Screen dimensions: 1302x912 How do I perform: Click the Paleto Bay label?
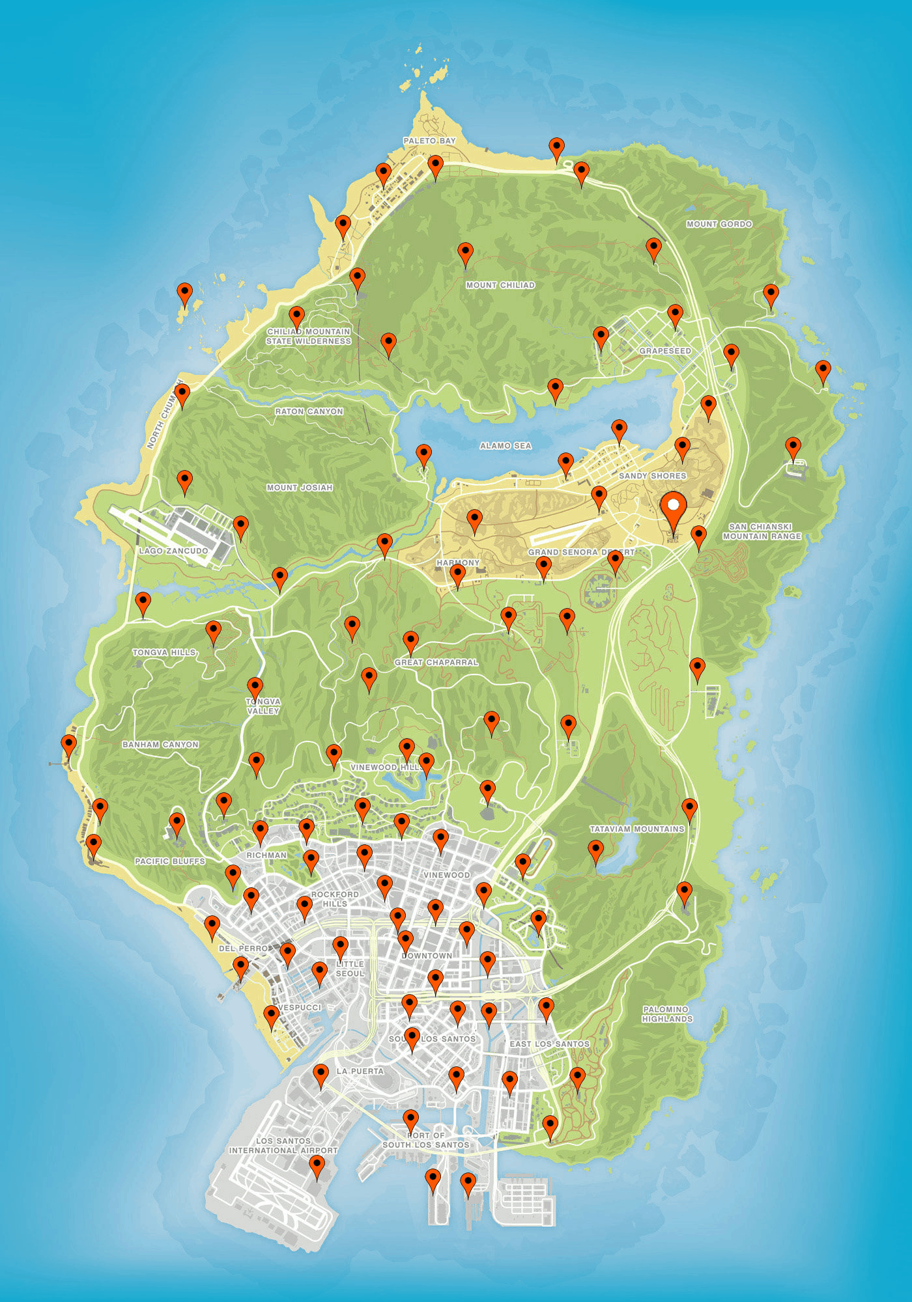pos(429,141)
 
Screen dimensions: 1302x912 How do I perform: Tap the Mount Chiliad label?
pos(500,285)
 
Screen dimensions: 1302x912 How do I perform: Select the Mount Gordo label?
pos(719,224)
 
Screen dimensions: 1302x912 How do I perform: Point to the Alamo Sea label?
pos(506,446)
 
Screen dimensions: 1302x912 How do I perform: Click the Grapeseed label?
pos(665,351)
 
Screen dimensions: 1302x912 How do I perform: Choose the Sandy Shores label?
pos(652,476)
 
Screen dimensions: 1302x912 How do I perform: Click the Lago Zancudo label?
pos(173,551)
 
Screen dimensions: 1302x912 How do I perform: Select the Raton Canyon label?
pos(309,411)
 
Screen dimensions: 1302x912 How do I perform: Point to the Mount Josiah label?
pos(300,488)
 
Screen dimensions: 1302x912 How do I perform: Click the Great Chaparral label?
pos(436,662)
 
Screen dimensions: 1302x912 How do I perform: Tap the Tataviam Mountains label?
pos(637,829)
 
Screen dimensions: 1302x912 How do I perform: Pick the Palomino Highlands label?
pos(667,1014)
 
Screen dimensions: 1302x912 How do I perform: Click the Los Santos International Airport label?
pos(283,1146)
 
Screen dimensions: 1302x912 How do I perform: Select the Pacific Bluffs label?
pos(170,861)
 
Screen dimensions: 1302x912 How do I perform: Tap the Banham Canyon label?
pos(160,745)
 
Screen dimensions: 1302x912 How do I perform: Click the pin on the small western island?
pos(185,294)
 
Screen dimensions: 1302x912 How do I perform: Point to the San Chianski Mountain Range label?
pos(762,531)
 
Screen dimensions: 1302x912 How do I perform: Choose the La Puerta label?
pos(360,1071)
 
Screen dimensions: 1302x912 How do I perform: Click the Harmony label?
pos(458,563)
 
